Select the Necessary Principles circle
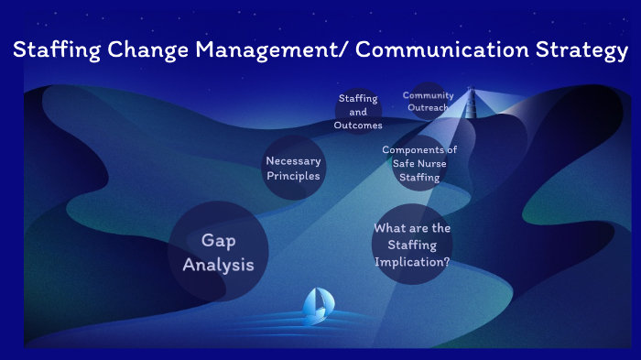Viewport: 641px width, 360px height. [x=293, y=169]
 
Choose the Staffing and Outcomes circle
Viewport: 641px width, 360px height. [x=358, y=112]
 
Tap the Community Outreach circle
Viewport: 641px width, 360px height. [x=427, y=102]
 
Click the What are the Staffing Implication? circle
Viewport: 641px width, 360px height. [x=412, y=245]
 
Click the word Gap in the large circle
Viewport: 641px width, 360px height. [x=218, y=240]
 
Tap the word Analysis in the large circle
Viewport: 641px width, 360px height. [x=218, y=265]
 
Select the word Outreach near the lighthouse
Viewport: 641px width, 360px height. [x=428, y=108]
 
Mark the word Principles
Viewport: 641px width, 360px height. [x=293, y=176]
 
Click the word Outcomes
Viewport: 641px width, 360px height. [x=358, y=125]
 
